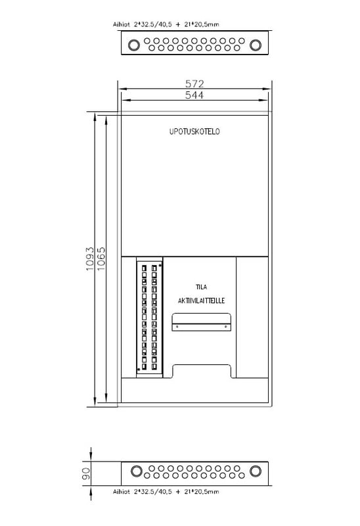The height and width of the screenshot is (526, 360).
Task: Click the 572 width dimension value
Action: click(x=194, y=84)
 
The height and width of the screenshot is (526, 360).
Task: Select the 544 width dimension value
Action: click(x=194, y=95)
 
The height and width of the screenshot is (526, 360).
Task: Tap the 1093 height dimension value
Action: click(x=89, y=259)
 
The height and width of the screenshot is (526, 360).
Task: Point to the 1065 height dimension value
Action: click(x=101, y=259)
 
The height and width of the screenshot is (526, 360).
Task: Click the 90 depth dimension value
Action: click(x=86, y=473)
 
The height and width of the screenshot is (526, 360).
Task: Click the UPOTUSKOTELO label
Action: click(x=194, y=131)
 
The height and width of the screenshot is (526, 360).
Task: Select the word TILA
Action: click(x=202, y=287)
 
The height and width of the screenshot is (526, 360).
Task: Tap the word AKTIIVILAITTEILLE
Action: click(x=201, y=300)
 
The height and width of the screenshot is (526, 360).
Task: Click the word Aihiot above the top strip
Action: click(x=122, y=24)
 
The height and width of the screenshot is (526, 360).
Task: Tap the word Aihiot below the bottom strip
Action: click(x=122, y=491)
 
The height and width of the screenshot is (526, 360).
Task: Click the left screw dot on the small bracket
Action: click(x=177, y=326)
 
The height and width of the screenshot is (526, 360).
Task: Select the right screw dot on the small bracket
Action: click(x=225, y=326)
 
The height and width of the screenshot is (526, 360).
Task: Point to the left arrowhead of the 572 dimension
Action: click(x=122, y=89)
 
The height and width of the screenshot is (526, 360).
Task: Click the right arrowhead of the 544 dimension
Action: click(x=264, y=100)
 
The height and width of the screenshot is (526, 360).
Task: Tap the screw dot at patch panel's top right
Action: click(x=160, y=266)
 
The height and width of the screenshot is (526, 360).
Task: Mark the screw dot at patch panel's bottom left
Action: click(x=139, y=370)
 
